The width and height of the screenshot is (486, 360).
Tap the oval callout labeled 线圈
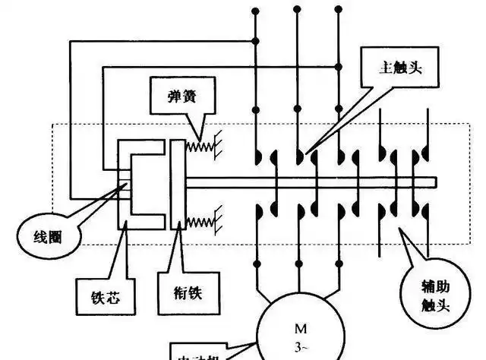pos(46,236)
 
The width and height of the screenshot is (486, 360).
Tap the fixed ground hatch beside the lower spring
pos(216,222)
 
